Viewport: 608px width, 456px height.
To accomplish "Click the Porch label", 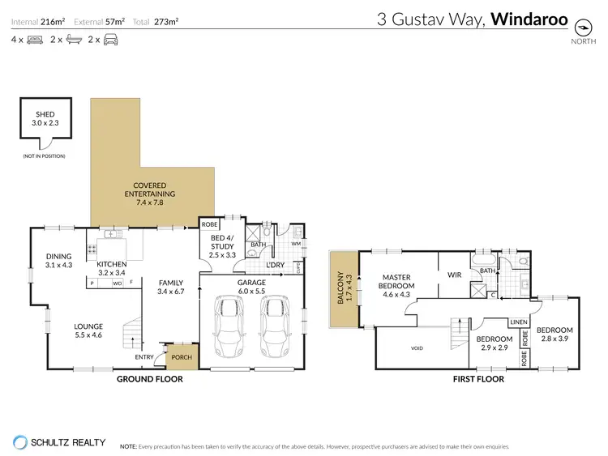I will (x=178, y=354).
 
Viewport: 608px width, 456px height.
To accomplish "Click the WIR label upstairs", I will (x=454, y=275).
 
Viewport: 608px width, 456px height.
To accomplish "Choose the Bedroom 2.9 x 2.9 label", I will (x=493, y=343).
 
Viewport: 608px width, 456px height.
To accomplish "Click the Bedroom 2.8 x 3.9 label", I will (x=554, y=335).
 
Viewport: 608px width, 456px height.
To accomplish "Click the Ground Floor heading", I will (x=149, y=379).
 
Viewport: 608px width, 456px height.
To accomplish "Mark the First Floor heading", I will (x=477, y=379).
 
